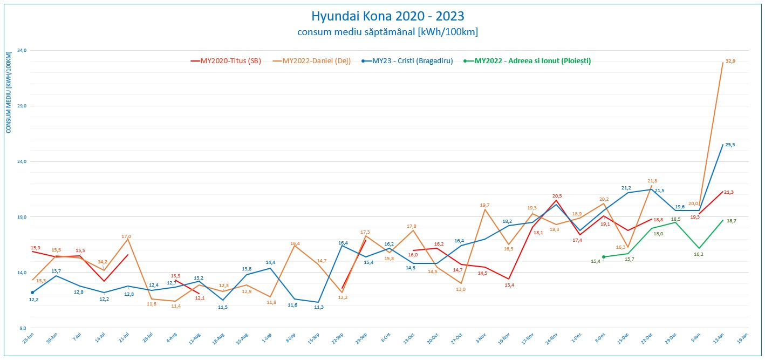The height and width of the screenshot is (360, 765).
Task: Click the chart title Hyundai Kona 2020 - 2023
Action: (387, 16)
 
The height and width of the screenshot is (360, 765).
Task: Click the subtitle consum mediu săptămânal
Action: (387, 32)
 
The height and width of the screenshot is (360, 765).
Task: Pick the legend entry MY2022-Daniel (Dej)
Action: (316, 61)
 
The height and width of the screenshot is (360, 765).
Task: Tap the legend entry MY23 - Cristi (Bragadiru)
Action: (412, 61)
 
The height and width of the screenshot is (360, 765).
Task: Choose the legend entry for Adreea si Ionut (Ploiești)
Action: (532, 61)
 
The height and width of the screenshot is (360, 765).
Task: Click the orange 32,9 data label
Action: (730, 61)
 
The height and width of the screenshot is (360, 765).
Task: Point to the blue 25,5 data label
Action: (729, 145)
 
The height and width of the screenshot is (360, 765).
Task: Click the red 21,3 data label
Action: (728, 192)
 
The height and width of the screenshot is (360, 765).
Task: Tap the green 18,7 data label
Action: (732, 221)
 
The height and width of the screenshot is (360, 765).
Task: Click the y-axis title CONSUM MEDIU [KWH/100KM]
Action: (9, 93)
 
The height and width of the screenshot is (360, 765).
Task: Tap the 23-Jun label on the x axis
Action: (28, 338)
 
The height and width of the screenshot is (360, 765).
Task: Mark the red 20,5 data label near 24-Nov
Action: (557, 196)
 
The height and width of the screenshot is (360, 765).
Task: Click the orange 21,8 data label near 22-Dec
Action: (652, 181)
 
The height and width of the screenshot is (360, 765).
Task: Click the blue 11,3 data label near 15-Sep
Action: (319, 307)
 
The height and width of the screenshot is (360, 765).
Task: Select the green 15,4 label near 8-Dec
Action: (596, 261)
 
